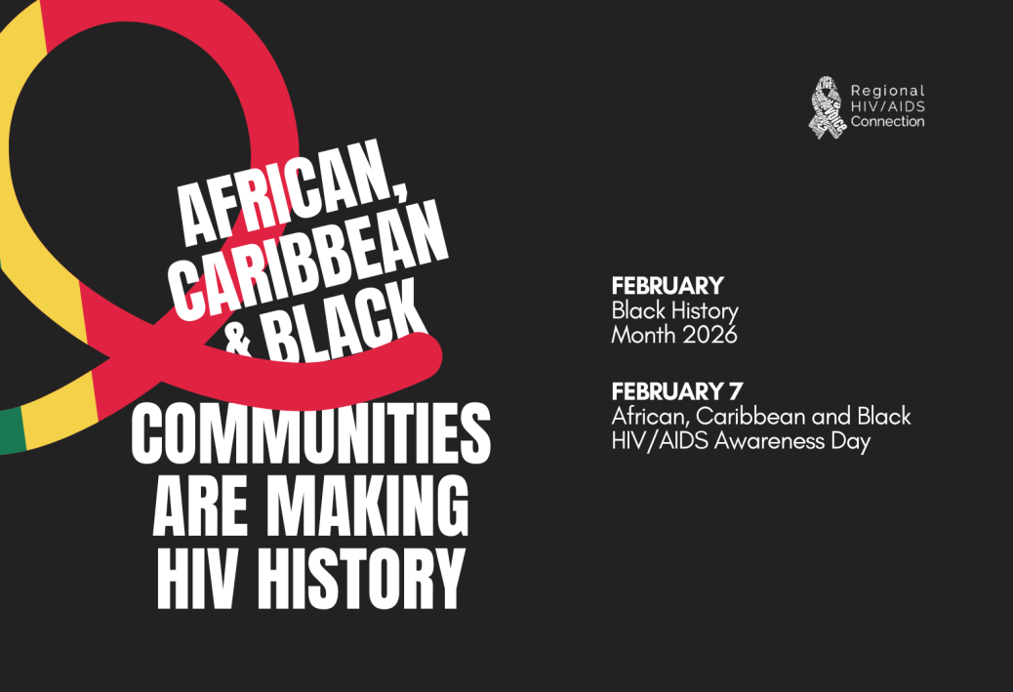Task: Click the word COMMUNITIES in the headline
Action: [310, 433]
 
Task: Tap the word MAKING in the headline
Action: [368, 507]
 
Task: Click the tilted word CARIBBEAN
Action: [307, 259]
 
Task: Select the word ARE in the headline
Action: [200, 507]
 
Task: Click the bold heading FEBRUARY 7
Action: [677, 391]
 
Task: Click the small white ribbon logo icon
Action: [827, 107]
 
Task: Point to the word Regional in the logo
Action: [888, 91]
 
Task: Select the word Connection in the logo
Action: [888, 121]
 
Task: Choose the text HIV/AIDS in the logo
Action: [888, 106]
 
